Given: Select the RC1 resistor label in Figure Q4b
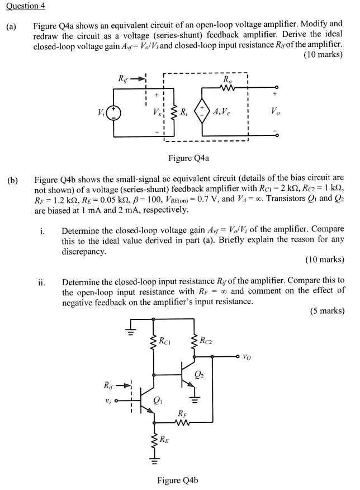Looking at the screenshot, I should (165, 340).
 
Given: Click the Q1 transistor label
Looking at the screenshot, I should (159, 399).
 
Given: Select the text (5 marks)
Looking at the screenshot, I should (327, 311).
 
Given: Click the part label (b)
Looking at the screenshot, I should (12, 180).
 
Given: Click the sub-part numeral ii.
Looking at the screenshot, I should (42, 281).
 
